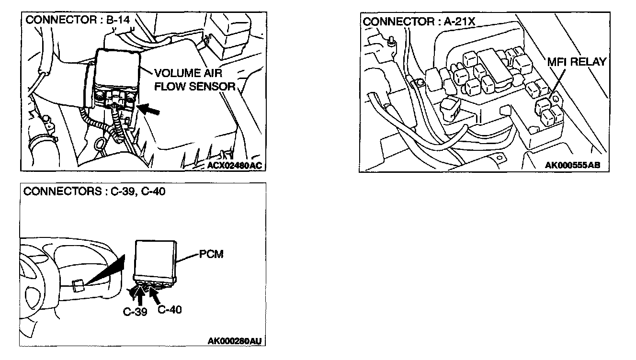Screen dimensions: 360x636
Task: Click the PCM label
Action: (211, 254)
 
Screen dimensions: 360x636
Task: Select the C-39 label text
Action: (135, 311)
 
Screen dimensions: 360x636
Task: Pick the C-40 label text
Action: (170, 309)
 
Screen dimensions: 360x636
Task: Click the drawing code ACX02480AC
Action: (235, 165)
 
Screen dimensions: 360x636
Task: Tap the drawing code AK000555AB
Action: (572, 165)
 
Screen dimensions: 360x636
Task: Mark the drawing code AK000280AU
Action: (235, 341)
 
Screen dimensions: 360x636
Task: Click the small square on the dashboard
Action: (78, 287)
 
